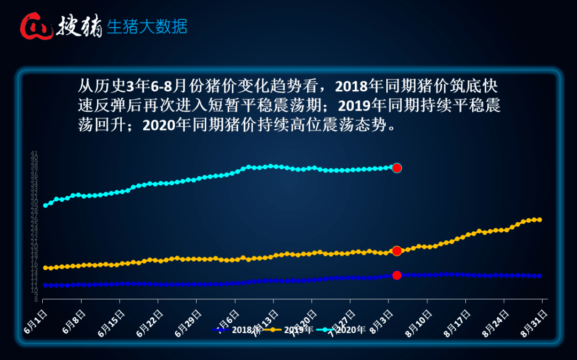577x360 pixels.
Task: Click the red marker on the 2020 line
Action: [396, 168]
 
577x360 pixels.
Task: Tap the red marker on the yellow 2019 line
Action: [396, 251]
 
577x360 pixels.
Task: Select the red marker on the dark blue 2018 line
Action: [396, 276]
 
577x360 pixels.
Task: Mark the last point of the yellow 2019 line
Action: [540, 220]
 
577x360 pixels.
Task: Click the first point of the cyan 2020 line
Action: [45, 205]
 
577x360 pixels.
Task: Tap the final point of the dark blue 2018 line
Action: [540, 276]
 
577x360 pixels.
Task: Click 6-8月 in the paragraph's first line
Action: [154, 85]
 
